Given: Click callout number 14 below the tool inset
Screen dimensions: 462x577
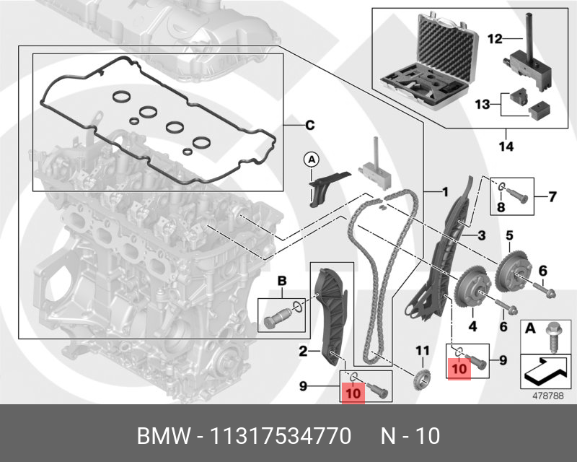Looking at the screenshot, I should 505,147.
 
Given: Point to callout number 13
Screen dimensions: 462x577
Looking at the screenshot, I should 482,105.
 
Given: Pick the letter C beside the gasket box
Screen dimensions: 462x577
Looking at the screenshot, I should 309,126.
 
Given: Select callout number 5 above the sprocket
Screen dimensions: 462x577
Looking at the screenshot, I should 508,235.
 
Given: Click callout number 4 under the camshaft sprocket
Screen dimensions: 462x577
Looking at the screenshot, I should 473,327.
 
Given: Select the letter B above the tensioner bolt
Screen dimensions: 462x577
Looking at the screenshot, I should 283,279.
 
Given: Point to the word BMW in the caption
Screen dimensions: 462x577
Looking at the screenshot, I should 160,436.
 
